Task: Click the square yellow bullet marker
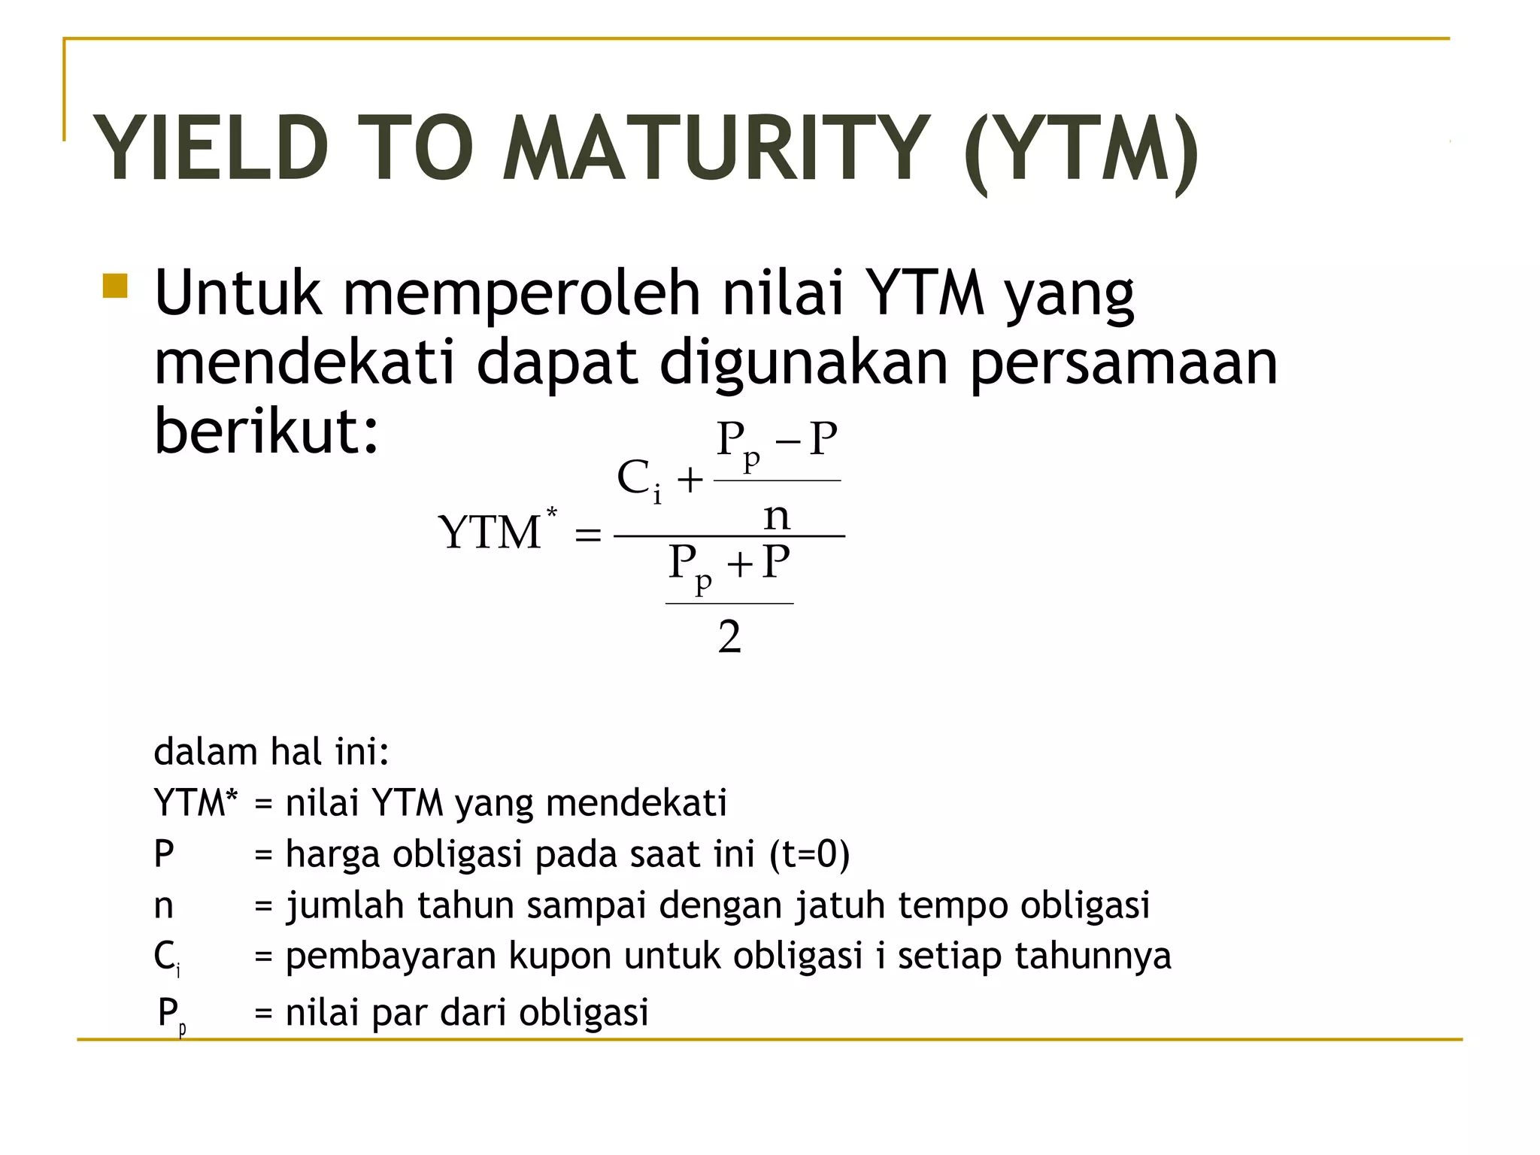[x=115, y=286]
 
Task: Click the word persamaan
[x=1123, y=364]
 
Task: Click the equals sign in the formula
[x=587, y=535]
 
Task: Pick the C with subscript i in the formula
[x=638, y=479]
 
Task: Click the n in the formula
[x=777, y=516]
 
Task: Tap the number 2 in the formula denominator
[x=729, y=637]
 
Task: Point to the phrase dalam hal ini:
[x=271, y=751]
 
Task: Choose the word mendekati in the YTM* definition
[x=636, y=802]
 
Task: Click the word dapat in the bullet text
[x=557, y=364]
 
